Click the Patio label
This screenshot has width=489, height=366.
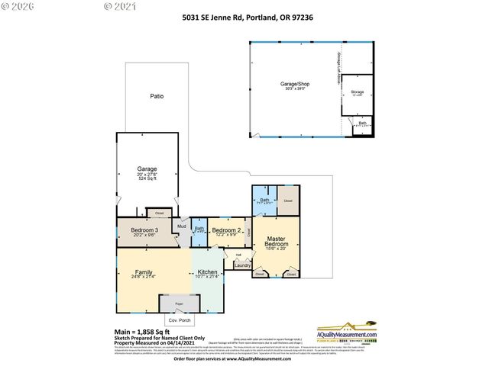click(x=156, y=97)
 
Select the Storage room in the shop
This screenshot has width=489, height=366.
click(x=358, y=94)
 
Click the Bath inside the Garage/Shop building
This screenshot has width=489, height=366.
click(x=362, y=124)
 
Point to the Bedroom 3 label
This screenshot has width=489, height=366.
click(x=144, y=230)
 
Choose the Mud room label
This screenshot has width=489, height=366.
click(x=182, y=226)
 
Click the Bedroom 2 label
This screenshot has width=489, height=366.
click(x=227, y=230)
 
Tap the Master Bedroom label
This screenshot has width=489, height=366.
click(x=275, y=242)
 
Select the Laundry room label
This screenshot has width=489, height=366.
click(x=242, y=265)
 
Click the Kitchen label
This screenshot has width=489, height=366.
click(x=208, y=272)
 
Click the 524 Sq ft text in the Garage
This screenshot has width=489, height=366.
click(x=147, y=178)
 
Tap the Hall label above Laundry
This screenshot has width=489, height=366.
click(x=238, y=255)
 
